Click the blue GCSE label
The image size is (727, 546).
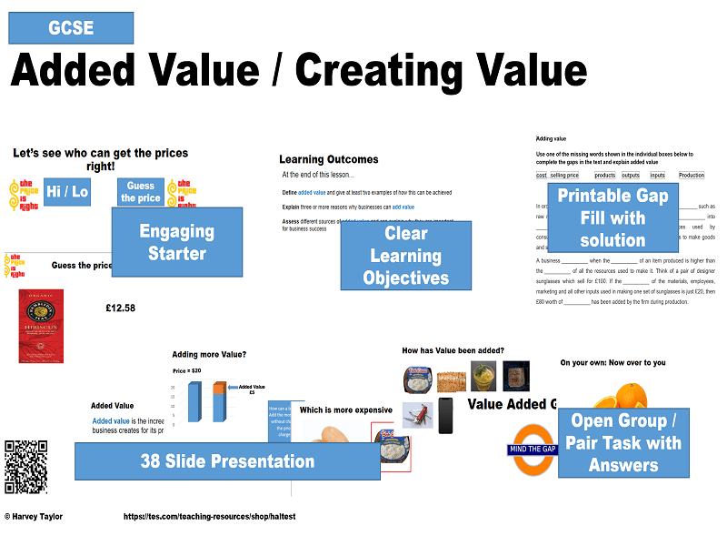(x=71, y=27)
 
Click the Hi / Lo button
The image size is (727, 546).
(x=66, y=192)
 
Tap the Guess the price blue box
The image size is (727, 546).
(x=141, y=192)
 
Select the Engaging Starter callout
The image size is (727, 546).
(x=176, y=242)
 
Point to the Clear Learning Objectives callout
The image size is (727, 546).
(x=406, y=256)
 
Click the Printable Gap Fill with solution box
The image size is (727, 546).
(x=612, y=217)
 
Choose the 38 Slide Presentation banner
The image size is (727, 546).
(x=227, y=461)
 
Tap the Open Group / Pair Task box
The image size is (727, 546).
(x=623, y=443)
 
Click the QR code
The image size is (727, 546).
(x=25, y=467)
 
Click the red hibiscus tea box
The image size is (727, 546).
(x=41, y=325)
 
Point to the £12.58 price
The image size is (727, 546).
(x=120, y=308)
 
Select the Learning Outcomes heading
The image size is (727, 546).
(x=328, y=159)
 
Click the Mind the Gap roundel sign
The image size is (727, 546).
(x=531, y=449)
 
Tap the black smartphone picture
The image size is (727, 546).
(x=445, y=415)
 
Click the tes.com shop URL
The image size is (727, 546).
(x=210, y=517)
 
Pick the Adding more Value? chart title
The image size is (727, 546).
(x=209, y=355)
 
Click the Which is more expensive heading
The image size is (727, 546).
(x=346, y=410)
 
